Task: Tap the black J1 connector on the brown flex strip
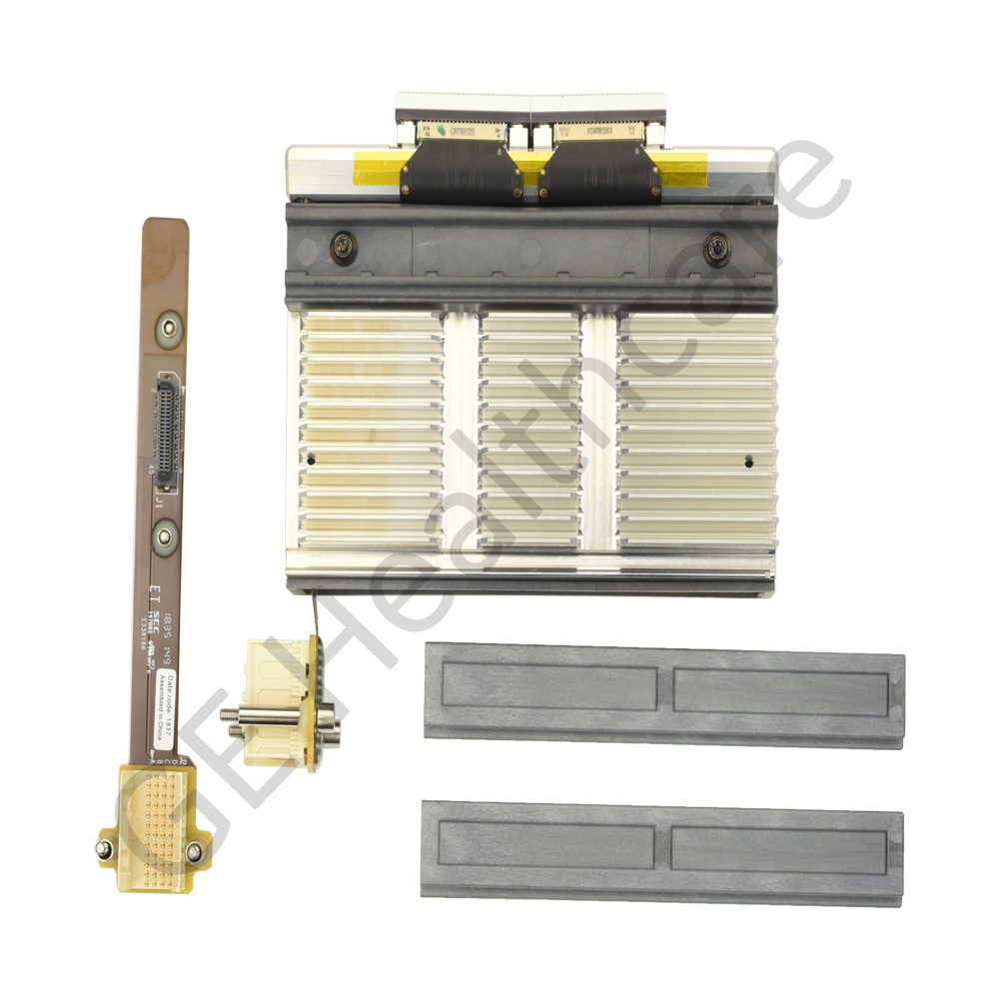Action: point(168,430)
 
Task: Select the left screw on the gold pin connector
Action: point(103,850)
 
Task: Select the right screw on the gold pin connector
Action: point(194,851)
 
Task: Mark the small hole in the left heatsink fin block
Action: point(314,461)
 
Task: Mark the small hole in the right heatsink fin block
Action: point(749,462)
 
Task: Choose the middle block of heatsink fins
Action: point(529,430)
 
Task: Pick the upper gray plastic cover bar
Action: point(664,694)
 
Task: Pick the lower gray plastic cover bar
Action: point(662,852)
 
